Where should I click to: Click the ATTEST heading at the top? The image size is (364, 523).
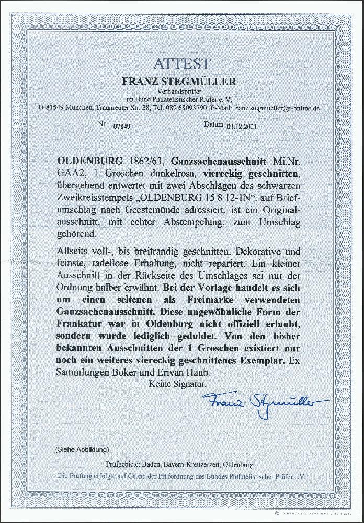click(182, 64)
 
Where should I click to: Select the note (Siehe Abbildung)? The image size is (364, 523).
click(82, 449)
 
